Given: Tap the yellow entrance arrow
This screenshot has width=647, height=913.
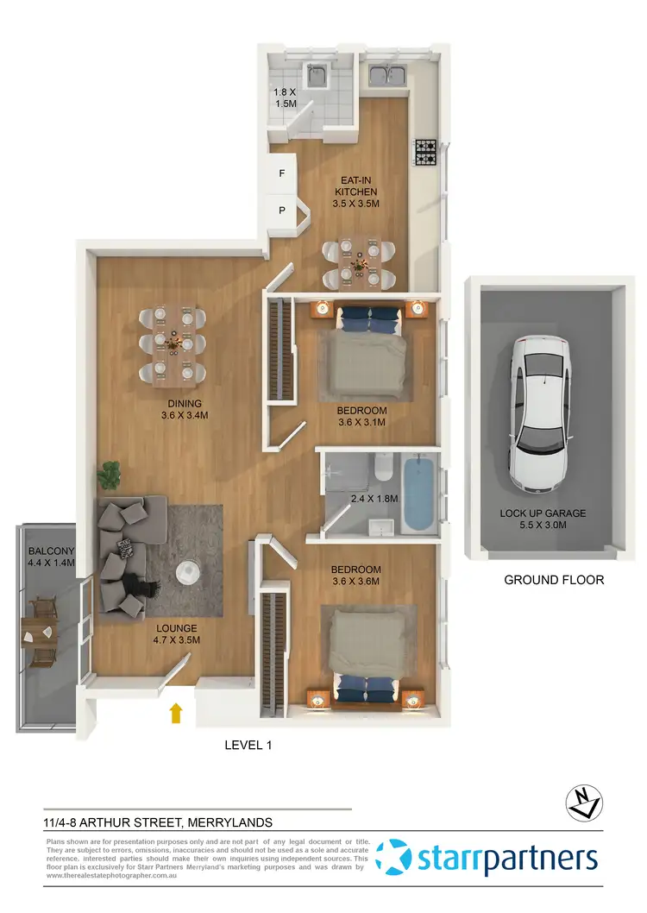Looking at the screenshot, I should click(176, 712).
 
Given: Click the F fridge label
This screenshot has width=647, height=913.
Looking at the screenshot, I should click(281, 173).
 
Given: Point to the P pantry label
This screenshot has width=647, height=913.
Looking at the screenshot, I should click(281, 210).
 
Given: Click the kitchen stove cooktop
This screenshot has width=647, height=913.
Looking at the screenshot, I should click(427, 153).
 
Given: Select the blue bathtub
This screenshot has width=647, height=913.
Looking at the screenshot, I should click(419, 494).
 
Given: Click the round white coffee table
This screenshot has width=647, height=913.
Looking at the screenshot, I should click(188, 572).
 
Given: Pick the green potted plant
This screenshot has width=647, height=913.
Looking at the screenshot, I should click(110, 473).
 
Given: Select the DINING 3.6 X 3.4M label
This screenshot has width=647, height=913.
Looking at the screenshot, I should click(185, 409).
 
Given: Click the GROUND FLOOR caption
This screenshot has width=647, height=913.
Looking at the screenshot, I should click(554, 580).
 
